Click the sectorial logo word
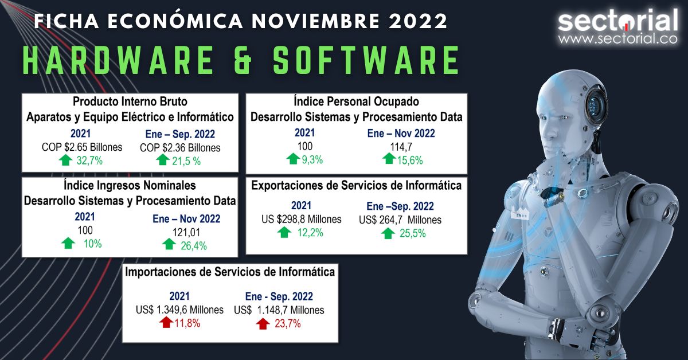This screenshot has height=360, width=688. (617, 21)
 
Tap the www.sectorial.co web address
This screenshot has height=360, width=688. (617, 40)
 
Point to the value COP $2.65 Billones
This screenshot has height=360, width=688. (82, 147)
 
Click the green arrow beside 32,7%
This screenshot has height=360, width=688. (65, 160)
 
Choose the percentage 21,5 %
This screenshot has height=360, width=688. (188, 161)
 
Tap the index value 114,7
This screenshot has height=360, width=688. (401, 147)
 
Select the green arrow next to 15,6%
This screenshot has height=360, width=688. (389, 159)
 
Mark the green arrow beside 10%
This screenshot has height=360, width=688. (69, 244)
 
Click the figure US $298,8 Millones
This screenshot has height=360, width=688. (301, 219)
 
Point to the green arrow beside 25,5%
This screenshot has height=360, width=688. (388, 233)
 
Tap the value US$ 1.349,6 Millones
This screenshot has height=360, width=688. (179, 310)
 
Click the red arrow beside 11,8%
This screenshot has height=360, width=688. (166, 323)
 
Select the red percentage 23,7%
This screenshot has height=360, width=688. (287, 324)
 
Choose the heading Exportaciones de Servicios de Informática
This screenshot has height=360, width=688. (356, 186)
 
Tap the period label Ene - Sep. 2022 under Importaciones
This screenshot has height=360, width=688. (279, 296)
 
